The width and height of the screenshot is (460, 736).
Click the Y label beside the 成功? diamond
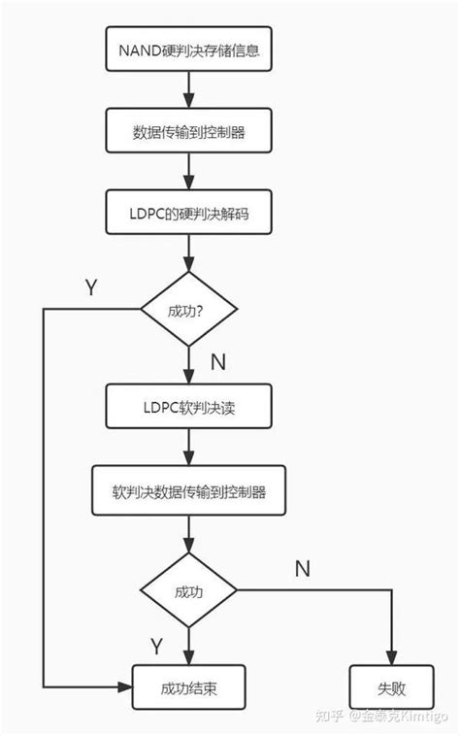(91, 287)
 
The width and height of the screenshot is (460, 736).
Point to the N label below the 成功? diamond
(217, 362)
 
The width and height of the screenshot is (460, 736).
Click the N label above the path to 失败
(302, 566)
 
